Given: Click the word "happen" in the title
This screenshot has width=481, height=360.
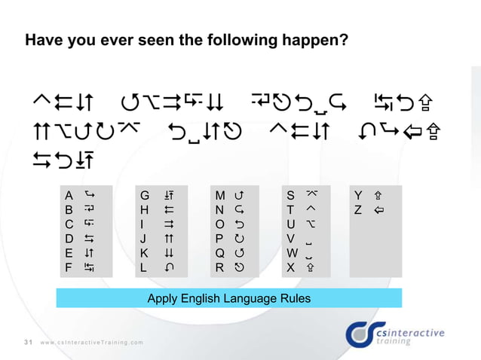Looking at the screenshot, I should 311,38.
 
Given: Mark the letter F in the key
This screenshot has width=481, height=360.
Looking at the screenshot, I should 69,267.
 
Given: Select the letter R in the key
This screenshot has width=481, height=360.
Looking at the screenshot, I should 219,267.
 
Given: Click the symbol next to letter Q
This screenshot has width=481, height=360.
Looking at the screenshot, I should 240,253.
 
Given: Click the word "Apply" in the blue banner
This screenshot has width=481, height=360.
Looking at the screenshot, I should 164,299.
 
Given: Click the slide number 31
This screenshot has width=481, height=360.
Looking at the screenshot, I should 27,343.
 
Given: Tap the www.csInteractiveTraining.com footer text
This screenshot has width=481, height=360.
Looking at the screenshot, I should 92,343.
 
